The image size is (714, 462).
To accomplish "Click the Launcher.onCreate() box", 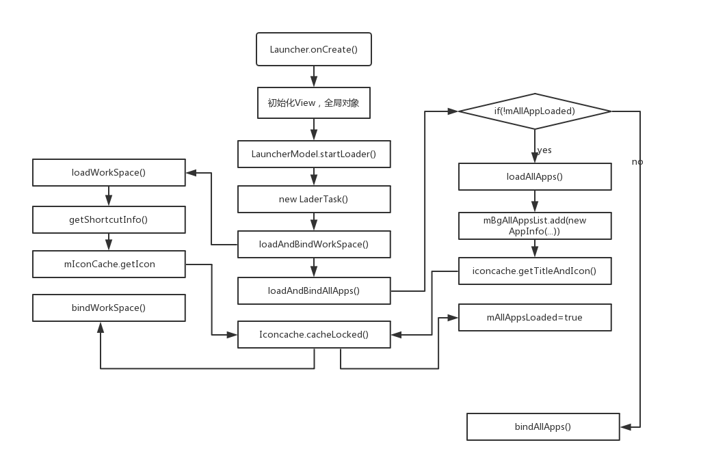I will coord(314,49).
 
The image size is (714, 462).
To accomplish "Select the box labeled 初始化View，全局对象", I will coord(314,103).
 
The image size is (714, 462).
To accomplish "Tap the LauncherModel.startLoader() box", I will coord(314,154).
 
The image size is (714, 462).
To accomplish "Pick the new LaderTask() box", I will coord(314,199).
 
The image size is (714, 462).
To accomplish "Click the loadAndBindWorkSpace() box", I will coord(314,244).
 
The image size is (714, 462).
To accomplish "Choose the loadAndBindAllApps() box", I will coord(314,290).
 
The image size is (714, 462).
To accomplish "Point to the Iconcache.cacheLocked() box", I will coord(314,334).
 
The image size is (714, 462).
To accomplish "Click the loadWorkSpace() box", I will coord(109,172).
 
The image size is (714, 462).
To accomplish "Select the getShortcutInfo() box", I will coord(109,219).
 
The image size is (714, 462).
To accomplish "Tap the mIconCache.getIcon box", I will coord(109,264).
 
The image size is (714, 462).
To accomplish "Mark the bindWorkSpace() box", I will coord(109,308).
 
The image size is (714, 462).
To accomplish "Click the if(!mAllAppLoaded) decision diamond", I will coord(534,111).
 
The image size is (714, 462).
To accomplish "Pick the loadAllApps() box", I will coord(535,176).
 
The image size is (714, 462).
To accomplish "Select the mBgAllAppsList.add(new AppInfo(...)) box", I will coord(535,226).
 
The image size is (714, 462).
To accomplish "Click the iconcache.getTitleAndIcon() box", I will coord(535,271).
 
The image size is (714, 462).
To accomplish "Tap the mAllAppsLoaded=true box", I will coord(535,317).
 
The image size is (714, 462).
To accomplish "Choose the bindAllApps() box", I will coord(543,426).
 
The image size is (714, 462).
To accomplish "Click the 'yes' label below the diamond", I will coord(545,150).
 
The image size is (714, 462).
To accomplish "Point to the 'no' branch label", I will coord(637,162).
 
